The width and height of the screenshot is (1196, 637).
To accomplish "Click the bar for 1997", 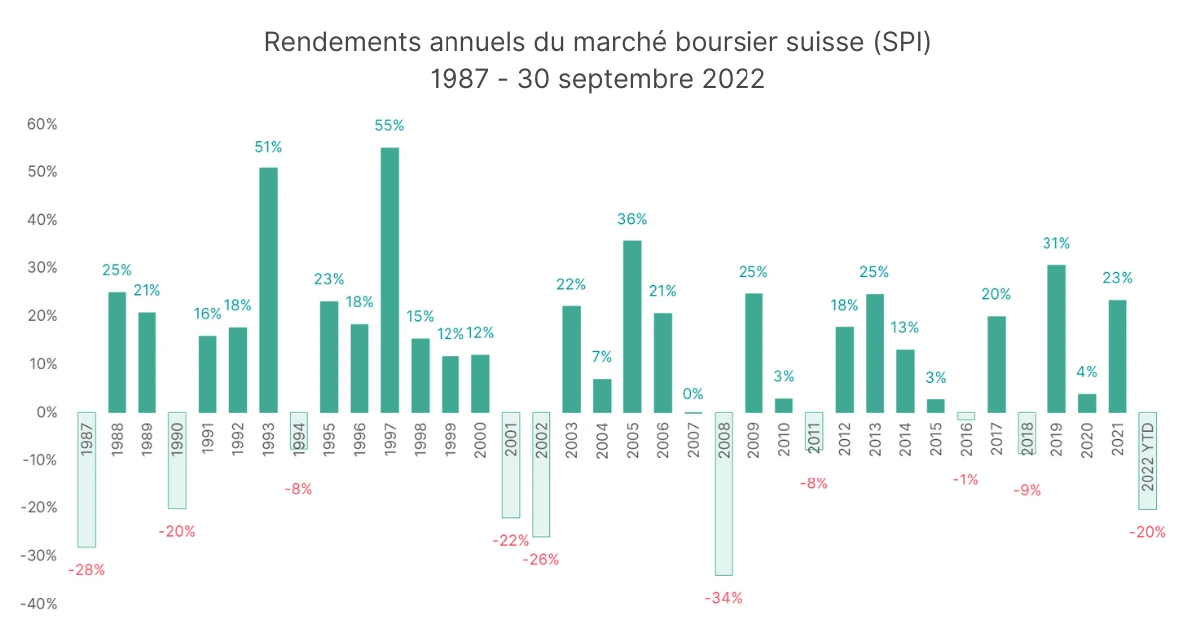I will point(390,279).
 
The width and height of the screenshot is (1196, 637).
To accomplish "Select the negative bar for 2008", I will point(724,493).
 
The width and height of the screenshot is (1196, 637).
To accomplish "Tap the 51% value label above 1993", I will point(268,147).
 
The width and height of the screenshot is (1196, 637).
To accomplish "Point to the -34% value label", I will point(723,598).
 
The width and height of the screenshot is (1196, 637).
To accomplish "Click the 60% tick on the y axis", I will point(42,125).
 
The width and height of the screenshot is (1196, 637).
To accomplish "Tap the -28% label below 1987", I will point(86,570).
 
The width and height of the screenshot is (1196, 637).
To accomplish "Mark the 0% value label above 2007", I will point(693,394).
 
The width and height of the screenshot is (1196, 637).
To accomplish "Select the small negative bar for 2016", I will point(966,416).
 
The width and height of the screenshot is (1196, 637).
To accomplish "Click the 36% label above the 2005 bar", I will point(632,219).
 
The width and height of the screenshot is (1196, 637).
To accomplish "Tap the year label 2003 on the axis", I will point(571,440).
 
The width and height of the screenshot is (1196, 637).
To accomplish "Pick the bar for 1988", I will point(117,352).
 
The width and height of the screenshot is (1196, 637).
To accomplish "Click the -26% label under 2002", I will point(541,559).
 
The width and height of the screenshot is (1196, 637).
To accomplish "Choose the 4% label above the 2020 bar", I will point(1087,372).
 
